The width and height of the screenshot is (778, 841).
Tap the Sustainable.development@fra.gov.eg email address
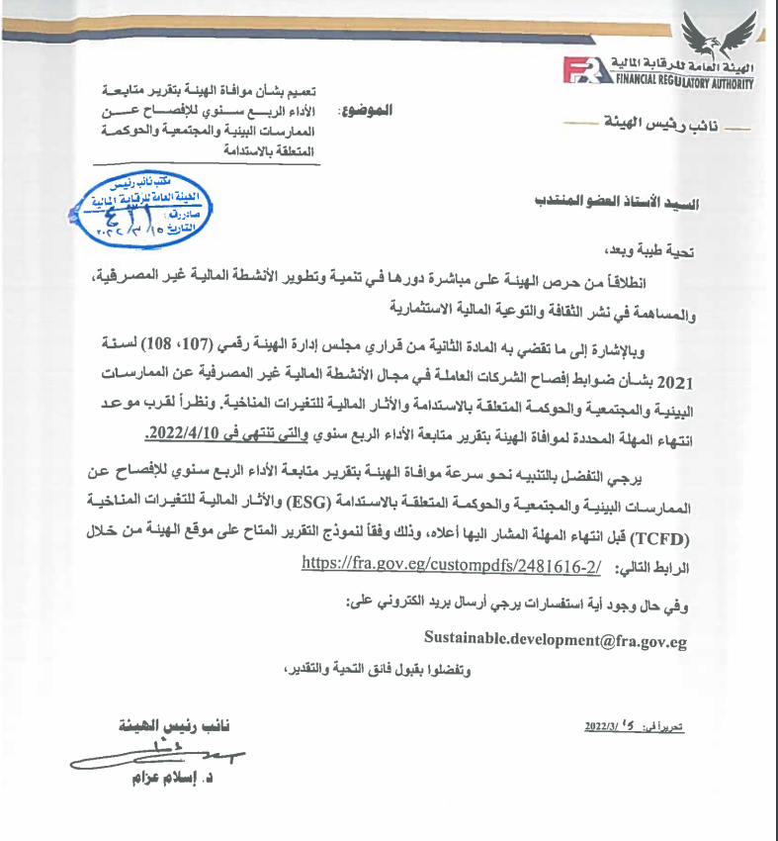pyautogui.click(x=555, y=639)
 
